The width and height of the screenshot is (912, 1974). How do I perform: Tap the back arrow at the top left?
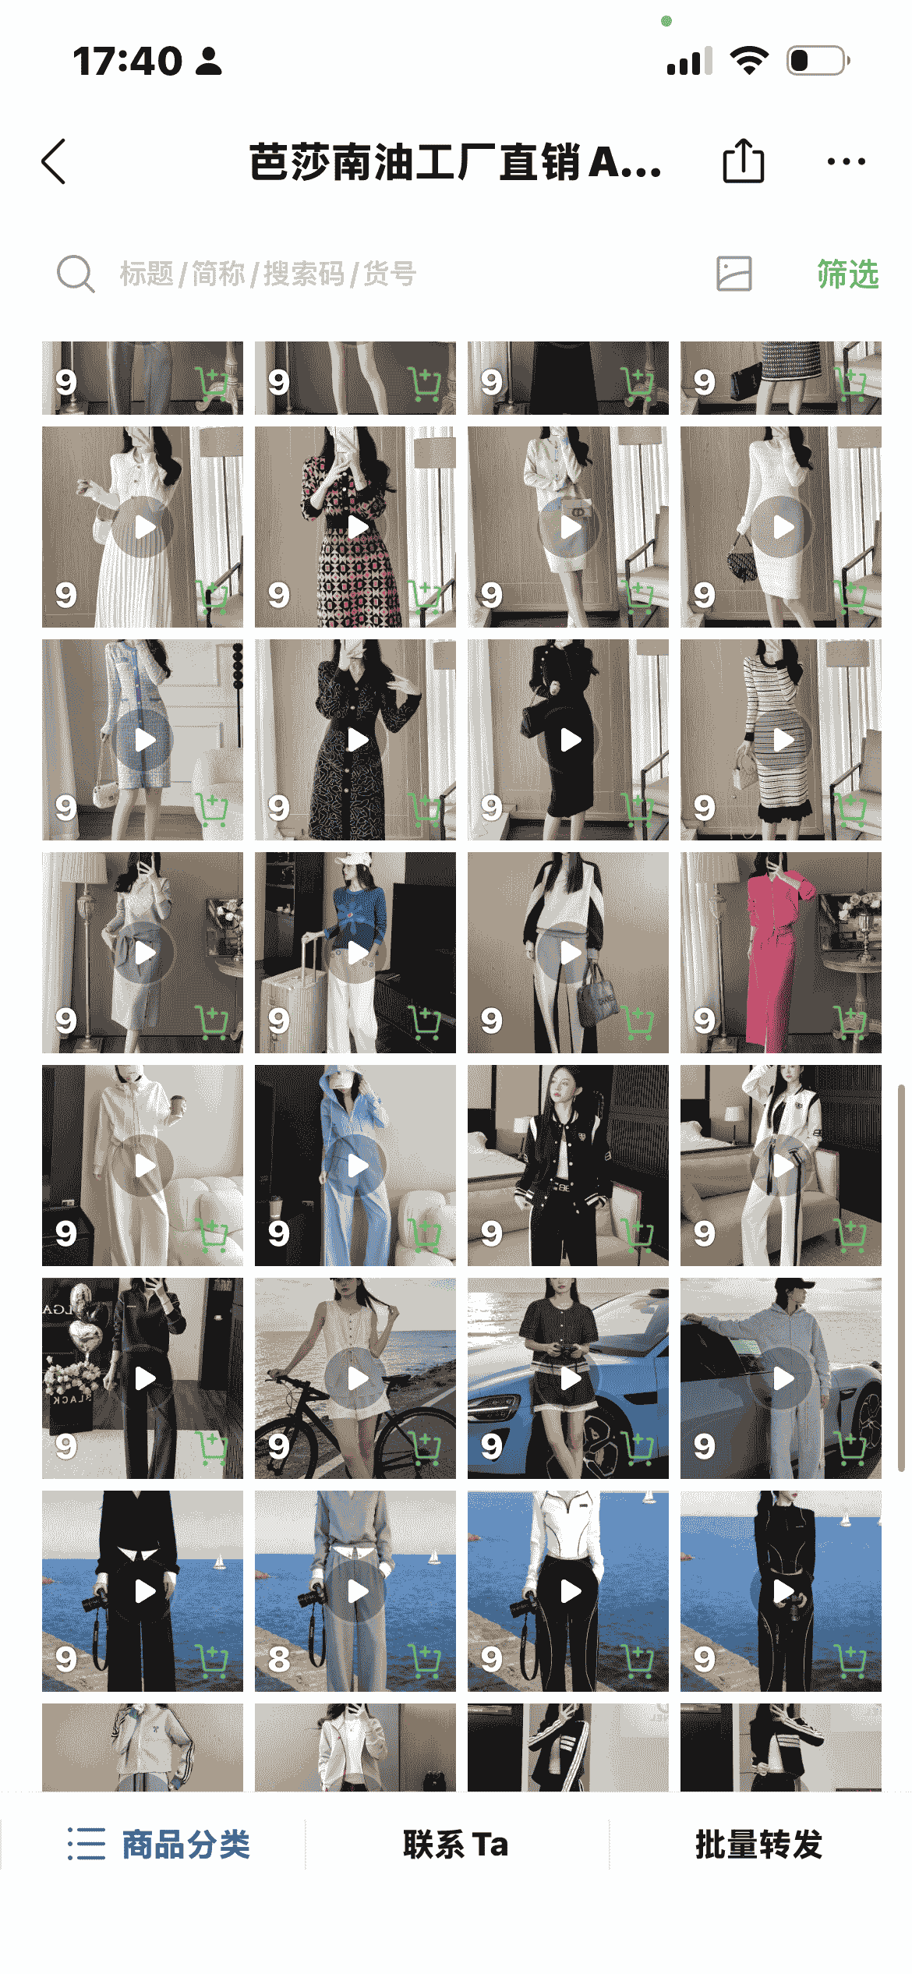pyautogui.click(x=54, y=162)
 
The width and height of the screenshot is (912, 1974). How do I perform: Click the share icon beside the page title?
pyautogui.click(x=743, y=161)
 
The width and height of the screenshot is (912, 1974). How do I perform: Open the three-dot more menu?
pyautogui.click(x=846, y=162)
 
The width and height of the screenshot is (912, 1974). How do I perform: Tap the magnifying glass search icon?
pyautogui.click(x=76, y=274)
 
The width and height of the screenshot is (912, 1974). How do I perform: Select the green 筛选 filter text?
pyautogui.click(x=847, y=274)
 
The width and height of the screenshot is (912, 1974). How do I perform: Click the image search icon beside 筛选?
pyautogui.click(x=734, y=274)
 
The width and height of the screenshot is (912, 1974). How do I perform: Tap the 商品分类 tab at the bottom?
pyautogui.click(x=158, y=1845)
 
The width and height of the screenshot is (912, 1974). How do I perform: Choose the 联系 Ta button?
pyautogui.click(x=456, y=1845)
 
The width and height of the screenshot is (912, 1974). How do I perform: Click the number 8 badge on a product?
pyautogui.click(x=279, y=1659)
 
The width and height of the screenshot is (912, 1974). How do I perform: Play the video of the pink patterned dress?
pyautogui.click(x=358, y=527)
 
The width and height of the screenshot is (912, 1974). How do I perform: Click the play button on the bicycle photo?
pyautogui.click(x=358, y=1378)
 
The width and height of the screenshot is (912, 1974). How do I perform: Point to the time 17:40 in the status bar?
pyautogui.click(x=127, y=61)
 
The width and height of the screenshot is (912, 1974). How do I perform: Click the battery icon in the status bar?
pyautogui.click(x=818, y=61)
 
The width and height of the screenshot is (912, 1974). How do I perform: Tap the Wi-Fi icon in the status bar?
pyautogui.click(x=749, y=60)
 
